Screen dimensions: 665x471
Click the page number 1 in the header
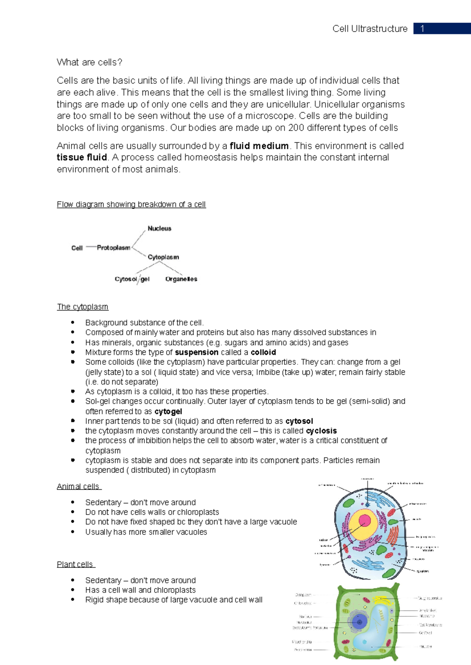click(422, 29)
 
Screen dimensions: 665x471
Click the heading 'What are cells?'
click(89, 62)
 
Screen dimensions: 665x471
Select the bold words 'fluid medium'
click(259, 146)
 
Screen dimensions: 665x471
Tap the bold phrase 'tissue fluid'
click(82, 158)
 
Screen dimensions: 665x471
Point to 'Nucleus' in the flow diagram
click(159, 229)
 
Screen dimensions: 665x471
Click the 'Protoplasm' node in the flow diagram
click(113, 248)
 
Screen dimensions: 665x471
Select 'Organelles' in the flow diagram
click(181, 279)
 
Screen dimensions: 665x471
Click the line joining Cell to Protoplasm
click(91, 247)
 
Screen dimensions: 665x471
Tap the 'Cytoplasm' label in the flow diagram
click(163, 257)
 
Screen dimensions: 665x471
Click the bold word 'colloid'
click(263, 352)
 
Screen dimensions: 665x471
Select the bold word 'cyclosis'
click(321, 431)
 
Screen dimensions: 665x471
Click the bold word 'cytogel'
click(168, 411)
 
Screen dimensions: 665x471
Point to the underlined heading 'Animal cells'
click(78, 487)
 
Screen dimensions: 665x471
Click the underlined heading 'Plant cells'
click(75, 565)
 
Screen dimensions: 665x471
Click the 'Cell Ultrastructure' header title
click(370, 29)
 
